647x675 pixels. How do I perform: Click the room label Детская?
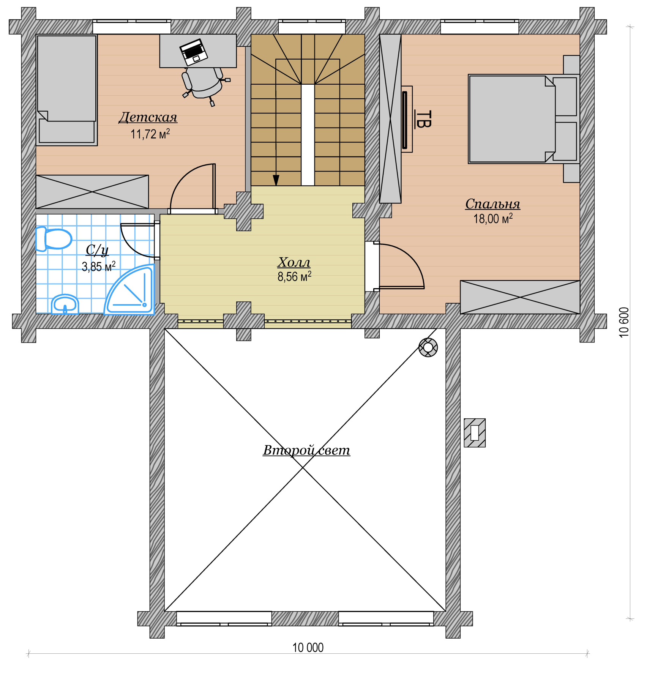[148, 117]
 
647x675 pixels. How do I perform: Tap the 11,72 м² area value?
[150, 134]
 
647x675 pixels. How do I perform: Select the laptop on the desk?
[194, 52]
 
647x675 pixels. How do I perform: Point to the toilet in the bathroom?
[54, 239]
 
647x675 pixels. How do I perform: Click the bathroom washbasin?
[65, 304]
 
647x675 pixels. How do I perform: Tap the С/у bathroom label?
[97, 250]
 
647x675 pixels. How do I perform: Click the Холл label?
[294, 262]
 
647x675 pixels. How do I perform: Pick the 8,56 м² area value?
[294, 276]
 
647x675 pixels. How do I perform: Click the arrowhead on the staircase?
[276, 180]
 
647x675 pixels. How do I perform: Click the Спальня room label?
[493, 204]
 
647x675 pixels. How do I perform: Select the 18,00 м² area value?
[493, 219]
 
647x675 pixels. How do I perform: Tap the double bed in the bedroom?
[524, 119]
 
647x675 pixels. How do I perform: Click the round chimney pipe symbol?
[428, 347]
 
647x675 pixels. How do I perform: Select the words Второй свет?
[306, 450]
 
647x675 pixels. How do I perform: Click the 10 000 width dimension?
[308, 648]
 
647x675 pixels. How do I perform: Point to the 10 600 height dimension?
[624, 322]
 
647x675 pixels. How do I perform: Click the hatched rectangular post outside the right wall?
[475, 433]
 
